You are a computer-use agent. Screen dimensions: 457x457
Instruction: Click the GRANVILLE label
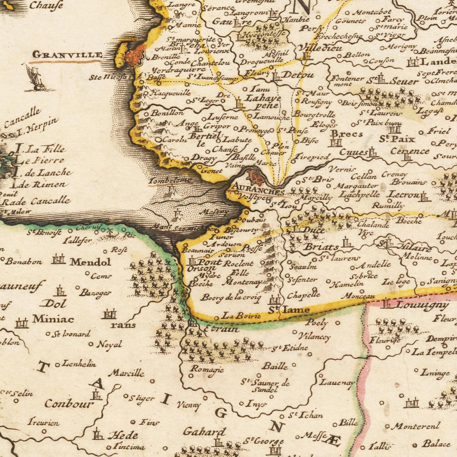coord(68,55)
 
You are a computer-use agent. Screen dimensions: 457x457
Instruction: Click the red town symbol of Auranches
coord(256,177)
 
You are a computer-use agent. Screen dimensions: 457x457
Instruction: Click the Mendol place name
coord(90,262)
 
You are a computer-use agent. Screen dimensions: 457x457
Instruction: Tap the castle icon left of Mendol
coord(58,259)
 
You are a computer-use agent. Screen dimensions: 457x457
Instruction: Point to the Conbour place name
coord(69,404)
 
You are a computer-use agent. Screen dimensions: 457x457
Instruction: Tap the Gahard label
coord(204,431)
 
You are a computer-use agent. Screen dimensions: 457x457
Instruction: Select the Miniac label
coord(53,319)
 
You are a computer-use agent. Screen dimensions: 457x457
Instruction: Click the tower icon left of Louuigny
coord(386,304)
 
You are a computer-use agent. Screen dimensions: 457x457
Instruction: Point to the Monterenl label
coord(416,426)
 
